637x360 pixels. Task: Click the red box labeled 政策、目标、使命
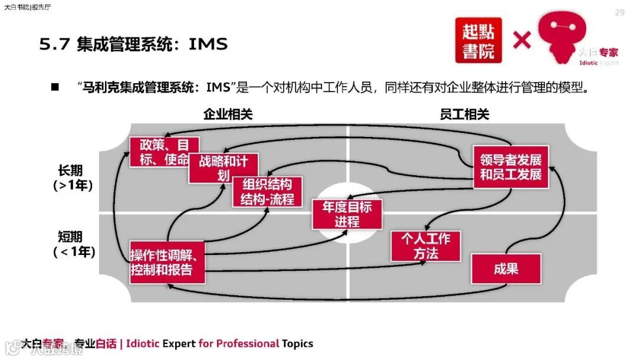click(x=164, y=152)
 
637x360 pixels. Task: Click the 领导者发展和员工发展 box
click(x=511, y=167)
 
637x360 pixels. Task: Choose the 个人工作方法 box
click(x=425, y=246)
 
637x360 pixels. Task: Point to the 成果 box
click(x=505, y=269)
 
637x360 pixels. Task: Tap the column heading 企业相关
click(x=228, y=114)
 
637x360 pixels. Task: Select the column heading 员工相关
click(x=464, y=114)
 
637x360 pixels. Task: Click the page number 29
click(x=619, y=12)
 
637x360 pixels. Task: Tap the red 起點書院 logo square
click(x=478, y=40)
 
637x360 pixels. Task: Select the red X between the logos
click(x=521, y=40)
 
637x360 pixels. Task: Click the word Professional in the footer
click(x=247, y=343)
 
